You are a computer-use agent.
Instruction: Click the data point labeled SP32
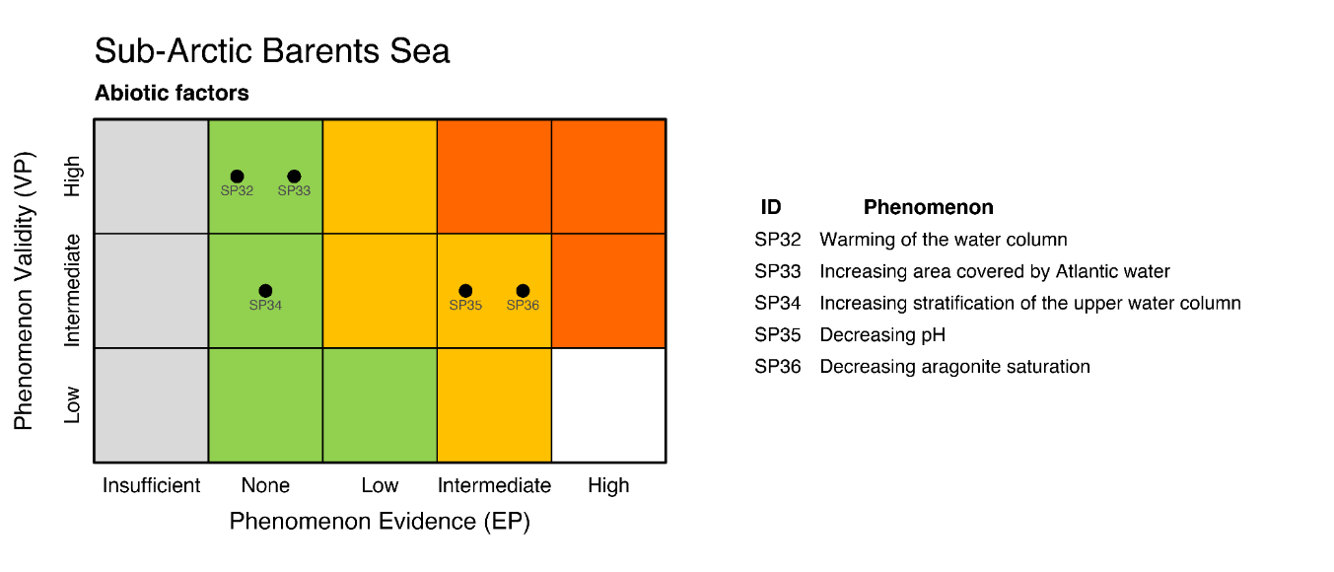(237, 177)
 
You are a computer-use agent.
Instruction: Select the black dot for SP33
(294, 177)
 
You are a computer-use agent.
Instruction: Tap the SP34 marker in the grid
(265, 291)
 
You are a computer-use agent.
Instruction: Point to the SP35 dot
(465, 291)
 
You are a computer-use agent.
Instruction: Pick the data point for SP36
(523, 291)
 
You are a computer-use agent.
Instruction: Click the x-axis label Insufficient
(151, 485)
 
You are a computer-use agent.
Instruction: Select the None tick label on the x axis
(265, 485)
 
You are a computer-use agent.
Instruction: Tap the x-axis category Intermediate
(494, 485)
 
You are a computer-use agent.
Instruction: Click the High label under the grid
(608, 485)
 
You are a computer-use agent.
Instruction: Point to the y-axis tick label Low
(72, 405)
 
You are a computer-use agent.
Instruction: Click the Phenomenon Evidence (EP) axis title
(380, 522)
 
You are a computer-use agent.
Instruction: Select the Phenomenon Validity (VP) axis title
(24, 291)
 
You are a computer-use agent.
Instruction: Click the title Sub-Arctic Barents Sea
(272, 51)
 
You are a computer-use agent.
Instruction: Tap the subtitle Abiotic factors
(172, 95)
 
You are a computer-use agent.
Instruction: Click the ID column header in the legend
(771, 208)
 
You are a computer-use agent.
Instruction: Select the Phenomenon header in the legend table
(928, 208)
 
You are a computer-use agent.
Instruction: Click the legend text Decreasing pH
(881, 335)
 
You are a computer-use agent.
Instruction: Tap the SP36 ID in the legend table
(778, 367)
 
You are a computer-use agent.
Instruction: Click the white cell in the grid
(608, 405)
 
